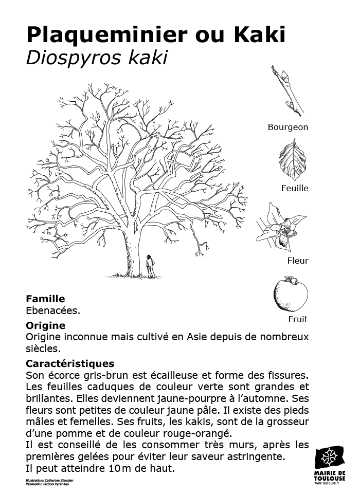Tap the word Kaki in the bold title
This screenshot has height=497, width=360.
(x=260, y=35)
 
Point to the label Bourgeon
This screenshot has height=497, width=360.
(x=287, y=127)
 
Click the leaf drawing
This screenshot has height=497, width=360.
(x=292, y=160)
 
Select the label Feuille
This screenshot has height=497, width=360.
(x=295, y=188)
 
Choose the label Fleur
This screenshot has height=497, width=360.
(x=298, y=261)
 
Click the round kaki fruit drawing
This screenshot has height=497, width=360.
(x=291, y=294)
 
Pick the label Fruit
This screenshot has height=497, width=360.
(x=298, y=319)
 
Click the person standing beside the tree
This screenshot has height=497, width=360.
(x=150, y=266)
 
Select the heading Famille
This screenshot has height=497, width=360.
(x=45, y=299)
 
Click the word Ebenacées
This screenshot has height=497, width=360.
(x=53, y=310)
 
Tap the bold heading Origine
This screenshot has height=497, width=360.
(x=45, y=325)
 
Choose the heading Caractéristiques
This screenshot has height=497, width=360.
(x=70, y=363)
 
